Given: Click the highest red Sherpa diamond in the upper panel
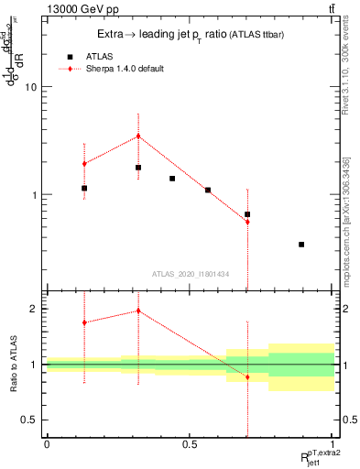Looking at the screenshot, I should [138, 136].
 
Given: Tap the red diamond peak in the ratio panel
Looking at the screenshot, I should [138, 311].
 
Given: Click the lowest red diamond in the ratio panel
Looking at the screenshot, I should [247, 377].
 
